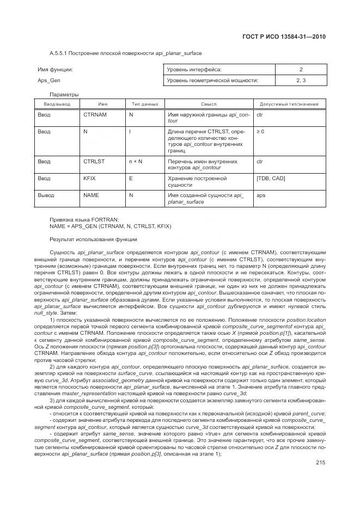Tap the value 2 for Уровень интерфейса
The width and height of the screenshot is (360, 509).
click(301, 69)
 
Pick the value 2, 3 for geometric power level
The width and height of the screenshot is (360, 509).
click(301, 80)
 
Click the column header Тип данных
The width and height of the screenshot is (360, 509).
click(145, 103)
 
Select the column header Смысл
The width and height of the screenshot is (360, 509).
click(209, 103)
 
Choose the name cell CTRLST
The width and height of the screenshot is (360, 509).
click(94, 162)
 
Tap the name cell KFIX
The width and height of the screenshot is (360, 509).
click(89, 178)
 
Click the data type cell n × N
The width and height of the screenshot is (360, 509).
click(136, 162)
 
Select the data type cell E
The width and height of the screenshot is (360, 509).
click(131, 178)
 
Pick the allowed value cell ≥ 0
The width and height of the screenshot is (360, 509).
click(260, 132)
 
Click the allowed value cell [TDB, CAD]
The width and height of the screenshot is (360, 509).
click(270, 178)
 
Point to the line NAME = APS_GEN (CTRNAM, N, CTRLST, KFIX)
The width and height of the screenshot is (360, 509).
click(111, 225)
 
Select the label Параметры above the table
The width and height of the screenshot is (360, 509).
click(64, 95)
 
